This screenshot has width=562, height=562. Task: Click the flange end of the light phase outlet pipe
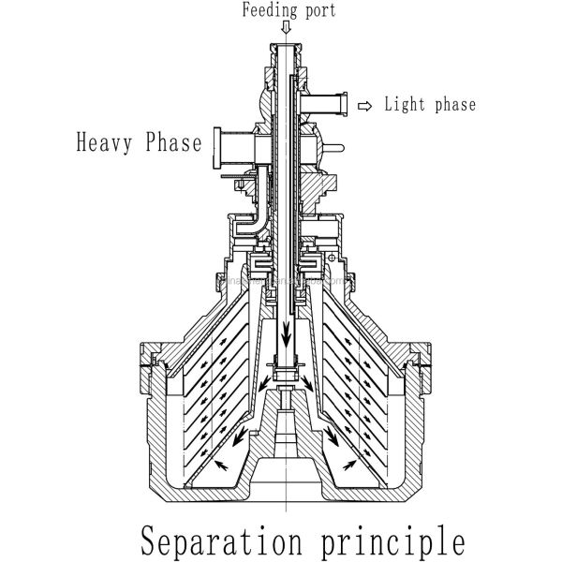[344, 102]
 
